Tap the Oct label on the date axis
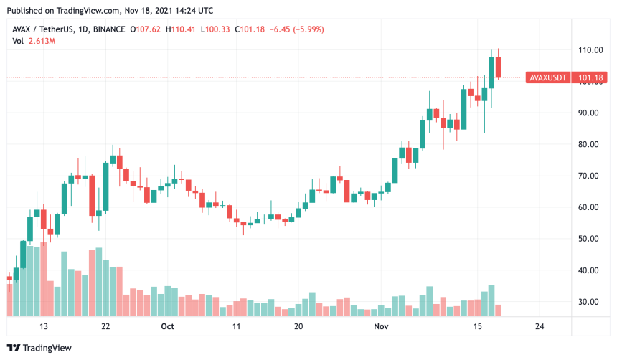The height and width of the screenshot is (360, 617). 167,326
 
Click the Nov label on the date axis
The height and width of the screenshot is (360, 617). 382,326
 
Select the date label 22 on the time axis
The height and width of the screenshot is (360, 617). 105,326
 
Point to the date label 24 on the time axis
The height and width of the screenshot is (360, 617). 539,326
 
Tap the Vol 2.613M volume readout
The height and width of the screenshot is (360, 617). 35,41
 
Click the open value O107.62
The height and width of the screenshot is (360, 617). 146,29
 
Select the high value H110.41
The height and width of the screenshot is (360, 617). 180,29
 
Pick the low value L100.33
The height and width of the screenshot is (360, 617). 215,29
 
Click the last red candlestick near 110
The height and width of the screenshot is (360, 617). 499,67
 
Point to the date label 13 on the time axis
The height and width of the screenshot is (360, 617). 44,326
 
